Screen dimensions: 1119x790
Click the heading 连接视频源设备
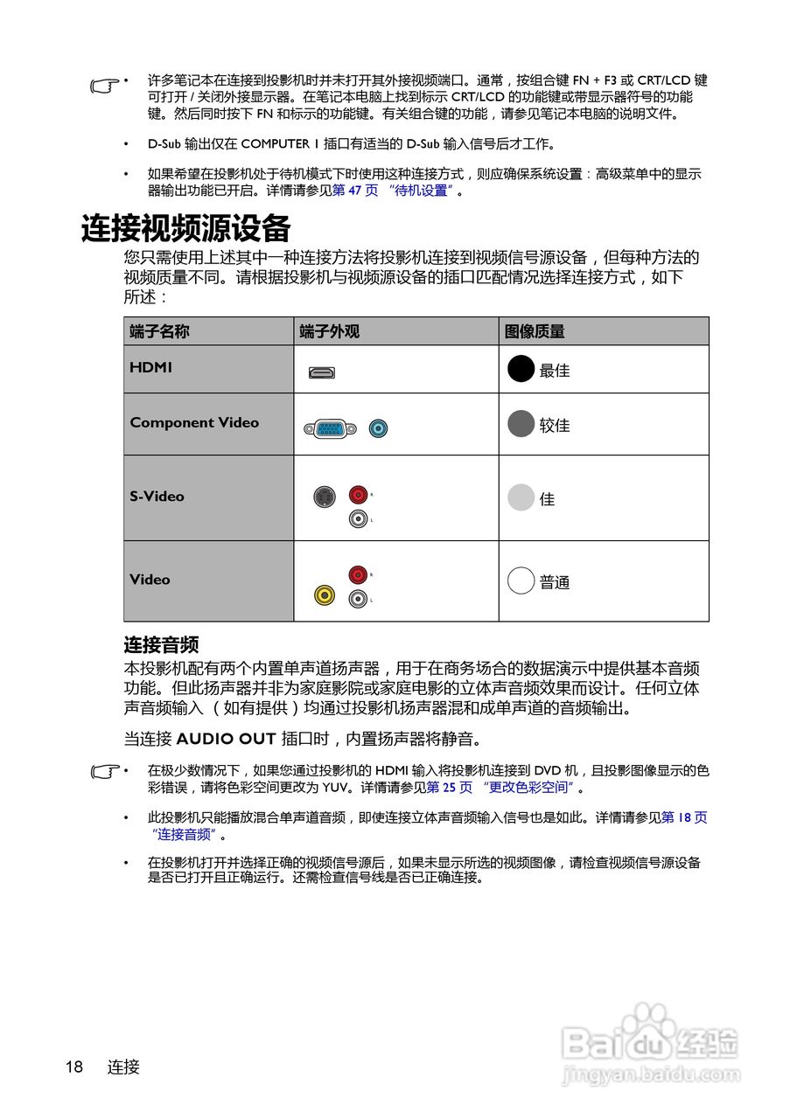coord(185,229)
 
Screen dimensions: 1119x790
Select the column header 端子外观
coord(329,331)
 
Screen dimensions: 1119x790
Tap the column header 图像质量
coord(535,331)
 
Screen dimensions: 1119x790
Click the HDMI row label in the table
coord(150,368)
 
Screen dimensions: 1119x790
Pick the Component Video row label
coord(194,423)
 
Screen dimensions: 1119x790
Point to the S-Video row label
coord(157,497)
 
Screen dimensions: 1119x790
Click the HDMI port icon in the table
coord(321,372)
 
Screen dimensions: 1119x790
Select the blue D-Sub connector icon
coord(330,428)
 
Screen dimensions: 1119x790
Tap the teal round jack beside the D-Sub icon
coord(378,428)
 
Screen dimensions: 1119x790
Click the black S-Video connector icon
coord(325,497)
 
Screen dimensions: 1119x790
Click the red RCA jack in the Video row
coord(357,574)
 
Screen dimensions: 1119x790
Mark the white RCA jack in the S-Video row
coord(357,519)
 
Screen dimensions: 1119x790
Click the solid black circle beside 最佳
coord(521,370)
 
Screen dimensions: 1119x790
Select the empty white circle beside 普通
coord(521,581)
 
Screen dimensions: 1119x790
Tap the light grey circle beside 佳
coord(521,498)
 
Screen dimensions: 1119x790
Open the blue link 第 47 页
coord(355,191)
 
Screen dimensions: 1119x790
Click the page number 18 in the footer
coord(73,1067)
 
